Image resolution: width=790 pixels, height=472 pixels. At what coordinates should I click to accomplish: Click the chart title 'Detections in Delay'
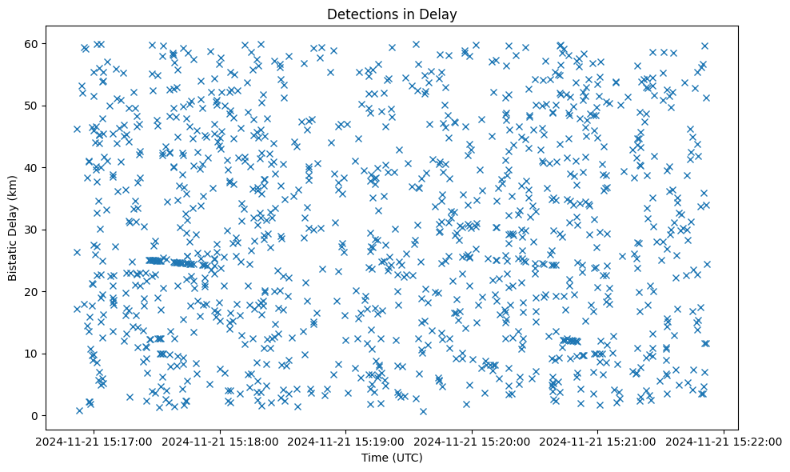pos(392,14)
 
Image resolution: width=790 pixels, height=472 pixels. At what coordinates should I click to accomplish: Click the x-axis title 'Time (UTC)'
pos(392,458)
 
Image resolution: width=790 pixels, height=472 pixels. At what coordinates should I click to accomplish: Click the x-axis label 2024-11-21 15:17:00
pos(94,440)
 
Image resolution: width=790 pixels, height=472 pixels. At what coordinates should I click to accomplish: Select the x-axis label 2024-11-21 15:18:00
pos(220,440)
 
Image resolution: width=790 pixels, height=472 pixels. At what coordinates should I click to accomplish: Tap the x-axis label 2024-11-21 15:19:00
pos(346,440)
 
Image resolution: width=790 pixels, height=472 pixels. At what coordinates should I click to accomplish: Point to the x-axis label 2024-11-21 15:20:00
pos(473,440)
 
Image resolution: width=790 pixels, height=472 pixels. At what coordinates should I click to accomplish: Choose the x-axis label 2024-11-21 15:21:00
pos(598,440)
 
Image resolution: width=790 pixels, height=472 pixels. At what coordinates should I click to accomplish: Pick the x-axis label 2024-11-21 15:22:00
pos(724,440)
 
